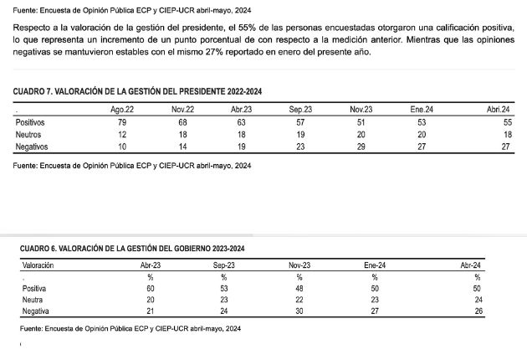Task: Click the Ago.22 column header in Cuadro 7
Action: coord(122,110)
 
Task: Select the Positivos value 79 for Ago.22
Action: coord(122,122)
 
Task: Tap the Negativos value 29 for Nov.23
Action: coord(361,146)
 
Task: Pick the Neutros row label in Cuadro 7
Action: coord(30,134)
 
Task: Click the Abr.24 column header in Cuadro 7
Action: coord(499,110)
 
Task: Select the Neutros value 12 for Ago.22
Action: coord(122,134)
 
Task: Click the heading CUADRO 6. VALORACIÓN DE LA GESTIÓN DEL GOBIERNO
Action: coord(132,249)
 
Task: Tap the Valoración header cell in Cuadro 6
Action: coord(38,265)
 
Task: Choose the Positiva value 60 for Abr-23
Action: coord(151,288)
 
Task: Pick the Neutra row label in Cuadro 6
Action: coord(33,300)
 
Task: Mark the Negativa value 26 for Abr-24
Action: coord(477,311)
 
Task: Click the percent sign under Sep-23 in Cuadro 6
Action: coord(225,276)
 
